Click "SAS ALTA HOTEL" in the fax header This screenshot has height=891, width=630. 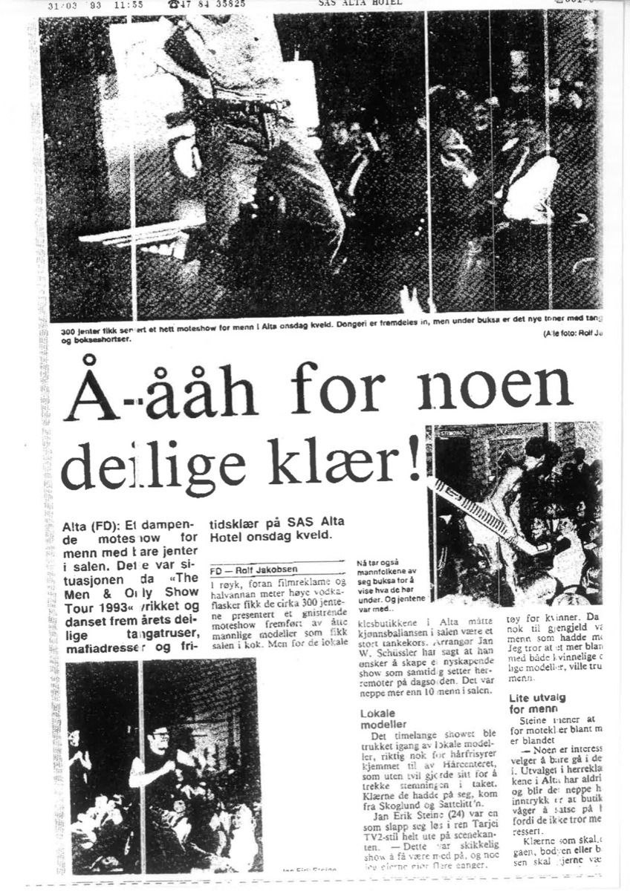pyautogui.click(x=360, y=3)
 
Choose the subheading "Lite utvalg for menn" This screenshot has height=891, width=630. pyautogui.click(x=537, y=703)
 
